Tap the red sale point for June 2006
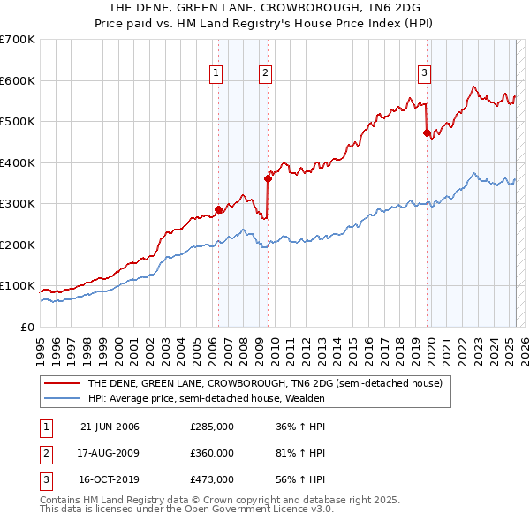click(x=218, y=210)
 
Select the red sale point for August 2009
click(x=268, y=178)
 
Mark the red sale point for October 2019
click(x=427, y=132)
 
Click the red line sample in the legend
click(x=62, y=383)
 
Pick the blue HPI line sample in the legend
click(x=62, y=398)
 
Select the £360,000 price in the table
click(x=212, y=453)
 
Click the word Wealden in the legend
click(x=305, y=398)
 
